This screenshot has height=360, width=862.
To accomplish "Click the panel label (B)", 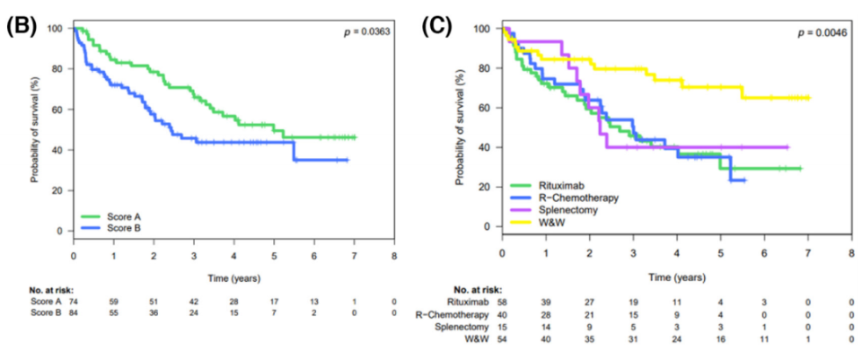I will [x=22, y=25].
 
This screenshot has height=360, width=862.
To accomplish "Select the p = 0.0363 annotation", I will [x=369, y=33].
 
